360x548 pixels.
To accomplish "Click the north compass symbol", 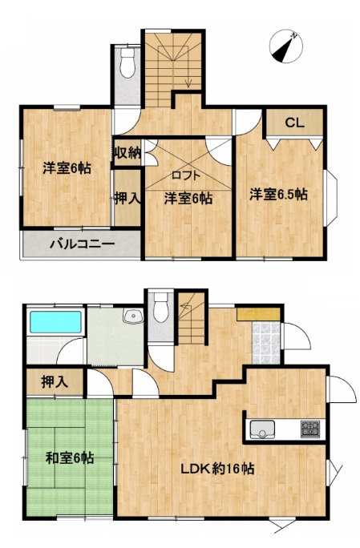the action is coord(286,46).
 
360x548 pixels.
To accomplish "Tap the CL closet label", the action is coord(294,123).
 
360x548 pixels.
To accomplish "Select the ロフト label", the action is coord(186,175).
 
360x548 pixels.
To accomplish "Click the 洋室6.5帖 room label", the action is coord(278,195).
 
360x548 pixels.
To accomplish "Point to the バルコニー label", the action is coord(83,244).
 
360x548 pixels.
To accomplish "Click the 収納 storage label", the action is coord(127,153).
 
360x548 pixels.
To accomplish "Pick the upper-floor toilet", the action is coord(127,62).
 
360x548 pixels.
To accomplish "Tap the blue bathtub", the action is coord(55,322).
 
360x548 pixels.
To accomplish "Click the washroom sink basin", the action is coord(133,316).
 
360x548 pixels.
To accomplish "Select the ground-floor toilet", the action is coord(161,307).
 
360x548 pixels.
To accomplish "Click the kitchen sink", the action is coord(262,429).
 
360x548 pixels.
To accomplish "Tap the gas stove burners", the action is coord(310,429).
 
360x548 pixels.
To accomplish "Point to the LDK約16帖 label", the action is coord(217,469).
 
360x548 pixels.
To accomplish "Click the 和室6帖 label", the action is coord(70,457).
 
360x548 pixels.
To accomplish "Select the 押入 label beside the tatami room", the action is coord(55,382).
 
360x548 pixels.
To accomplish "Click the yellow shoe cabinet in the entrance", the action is coord(258,314).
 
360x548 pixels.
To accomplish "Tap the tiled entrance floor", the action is coord(266,343).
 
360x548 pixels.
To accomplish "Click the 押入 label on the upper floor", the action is coord(127,199).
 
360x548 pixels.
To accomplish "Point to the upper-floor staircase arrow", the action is coord(189,80).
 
